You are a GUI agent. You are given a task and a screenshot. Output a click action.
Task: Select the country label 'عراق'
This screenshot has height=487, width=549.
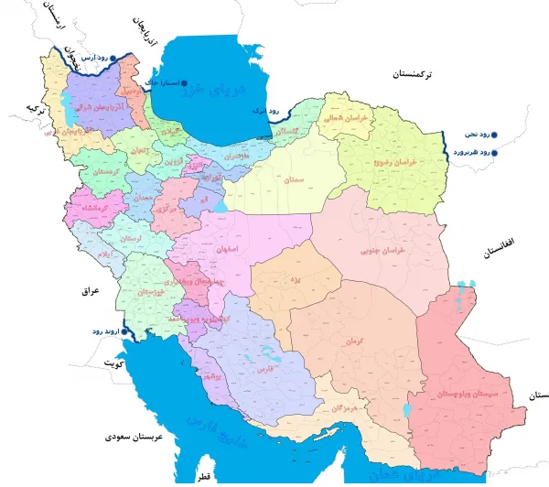[x=89, y=291]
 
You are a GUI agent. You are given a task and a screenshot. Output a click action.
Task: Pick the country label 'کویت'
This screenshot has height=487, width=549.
[x=113, y=363]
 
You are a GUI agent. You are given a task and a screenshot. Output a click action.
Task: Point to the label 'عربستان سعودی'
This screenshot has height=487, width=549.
[x=135, y=438]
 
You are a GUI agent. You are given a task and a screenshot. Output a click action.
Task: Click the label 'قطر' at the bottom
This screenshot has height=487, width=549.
[x=202, y=477]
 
